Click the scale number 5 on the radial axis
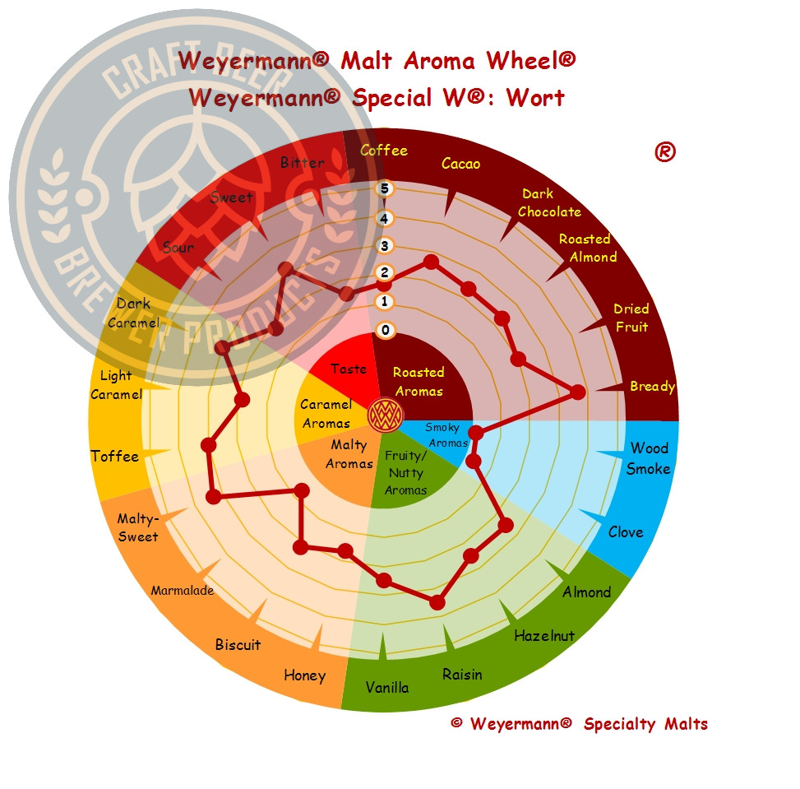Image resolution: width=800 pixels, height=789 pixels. pos(385,189)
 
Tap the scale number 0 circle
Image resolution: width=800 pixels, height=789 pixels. pos(386,330)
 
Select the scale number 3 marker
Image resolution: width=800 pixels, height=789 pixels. pos(385,246)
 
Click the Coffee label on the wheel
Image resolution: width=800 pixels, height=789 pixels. pos(384,150)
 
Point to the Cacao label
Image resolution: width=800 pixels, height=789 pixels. pos(460,164)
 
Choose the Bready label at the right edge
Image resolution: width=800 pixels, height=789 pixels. pos(653,387)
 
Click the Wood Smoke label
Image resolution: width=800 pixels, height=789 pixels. pos(649,458)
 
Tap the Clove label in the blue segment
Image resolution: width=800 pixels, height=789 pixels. pos(626,532)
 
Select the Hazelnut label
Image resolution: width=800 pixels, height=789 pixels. pos(544,636)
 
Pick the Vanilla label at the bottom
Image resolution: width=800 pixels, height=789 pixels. pos(387,687)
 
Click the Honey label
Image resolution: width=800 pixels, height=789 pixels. pos(304,675)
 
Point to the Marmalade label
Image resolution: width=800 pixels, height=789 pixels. pos(183,591)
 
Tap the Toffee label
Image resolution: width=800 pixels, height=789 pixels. pos(115,456)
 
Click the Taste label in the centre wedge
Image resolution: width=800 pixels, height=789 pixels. pos(349,369)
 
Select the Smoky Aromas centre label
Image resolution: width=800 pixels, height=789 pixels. pos(446,435)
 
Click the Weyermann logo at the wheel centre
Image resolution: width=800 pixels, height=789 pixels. pos(386,415)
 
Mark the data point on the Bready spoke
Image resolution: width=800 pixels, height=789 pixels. pos(577,392)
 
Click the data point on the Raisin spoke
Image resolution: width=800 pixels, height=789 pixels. pos(437,603)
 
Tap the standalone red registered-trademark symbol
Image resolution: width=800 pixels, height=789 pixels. pos(665,152)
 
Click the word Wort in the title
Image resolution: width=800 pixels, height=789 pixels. pos(535,98)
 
